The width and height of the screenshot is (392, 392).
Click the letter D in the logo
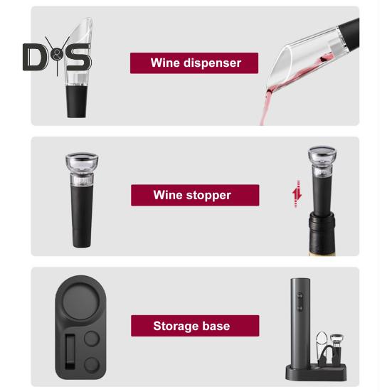coord(33,57)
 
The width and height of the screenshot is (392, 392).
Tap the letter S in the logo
coord(78,57)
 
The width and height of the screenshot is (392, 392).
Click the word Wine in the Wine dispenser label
coord(163,63)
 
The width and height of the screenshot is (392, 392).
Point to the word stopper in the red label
coord(208,195)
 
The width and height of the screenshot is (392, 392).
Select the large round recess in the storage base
coord(85,302)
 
